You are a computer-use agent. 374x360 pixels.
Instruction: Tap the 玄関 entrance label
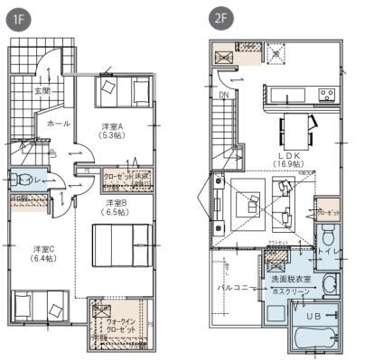pos(43,91)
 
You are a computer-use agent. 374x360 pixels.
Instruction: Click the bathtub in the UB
pos(318,340)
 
